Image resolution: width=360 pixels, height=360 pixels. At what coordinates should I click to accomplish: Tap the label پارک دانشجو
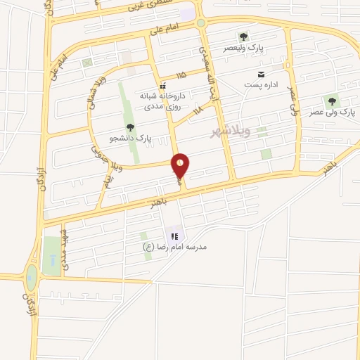coord(130,138)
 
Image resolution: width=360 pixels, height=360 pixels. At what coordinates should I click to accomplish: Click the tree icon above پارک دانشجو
coord(130,127)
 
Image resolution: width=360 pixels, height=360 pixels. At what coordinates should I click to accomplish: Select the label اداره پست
coord(262,85)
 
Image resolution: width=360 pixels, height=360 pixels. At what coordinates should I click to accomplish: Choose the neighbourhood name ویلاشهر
coord(230,132)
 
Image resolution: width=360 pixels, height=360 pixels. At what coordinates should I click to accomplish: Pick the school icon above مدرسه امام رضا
coord(174,236)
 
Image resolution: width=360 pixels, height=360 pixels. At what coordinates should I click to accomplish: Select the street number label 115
coord(182,74)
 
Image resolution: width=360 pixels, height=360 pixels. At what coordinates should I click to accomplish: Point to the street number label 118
coord(197,110)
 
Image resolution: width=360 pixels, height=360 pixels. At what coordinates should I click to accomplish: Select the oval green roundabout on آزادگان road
coord(31,276)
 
